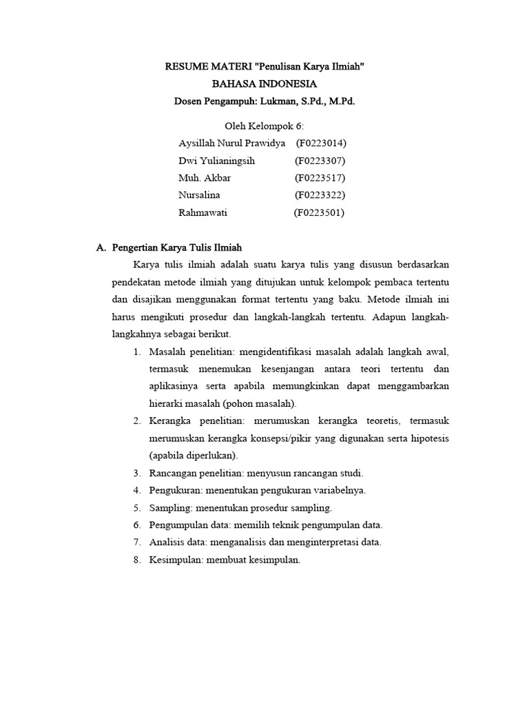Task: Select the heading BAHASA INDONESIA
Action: point(264,84)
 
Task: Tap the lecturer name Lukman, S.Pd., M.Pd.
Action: point(311,101)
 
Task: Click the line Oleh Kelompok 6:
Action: point(264,126)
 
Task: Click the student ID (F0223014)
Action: point(320,143)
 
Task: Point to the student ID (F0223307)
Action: point(320,161)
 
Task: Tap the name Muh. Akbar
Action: point(205,178)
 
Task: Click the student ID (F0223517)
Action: point(320,178)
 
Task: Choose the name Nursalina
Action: point(199,195)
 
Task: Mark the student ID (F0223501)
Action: point(319,212)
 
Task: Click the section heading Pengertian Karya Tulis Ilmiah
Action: point(177,247)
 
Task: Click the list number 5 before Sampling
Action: point(136,507)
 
